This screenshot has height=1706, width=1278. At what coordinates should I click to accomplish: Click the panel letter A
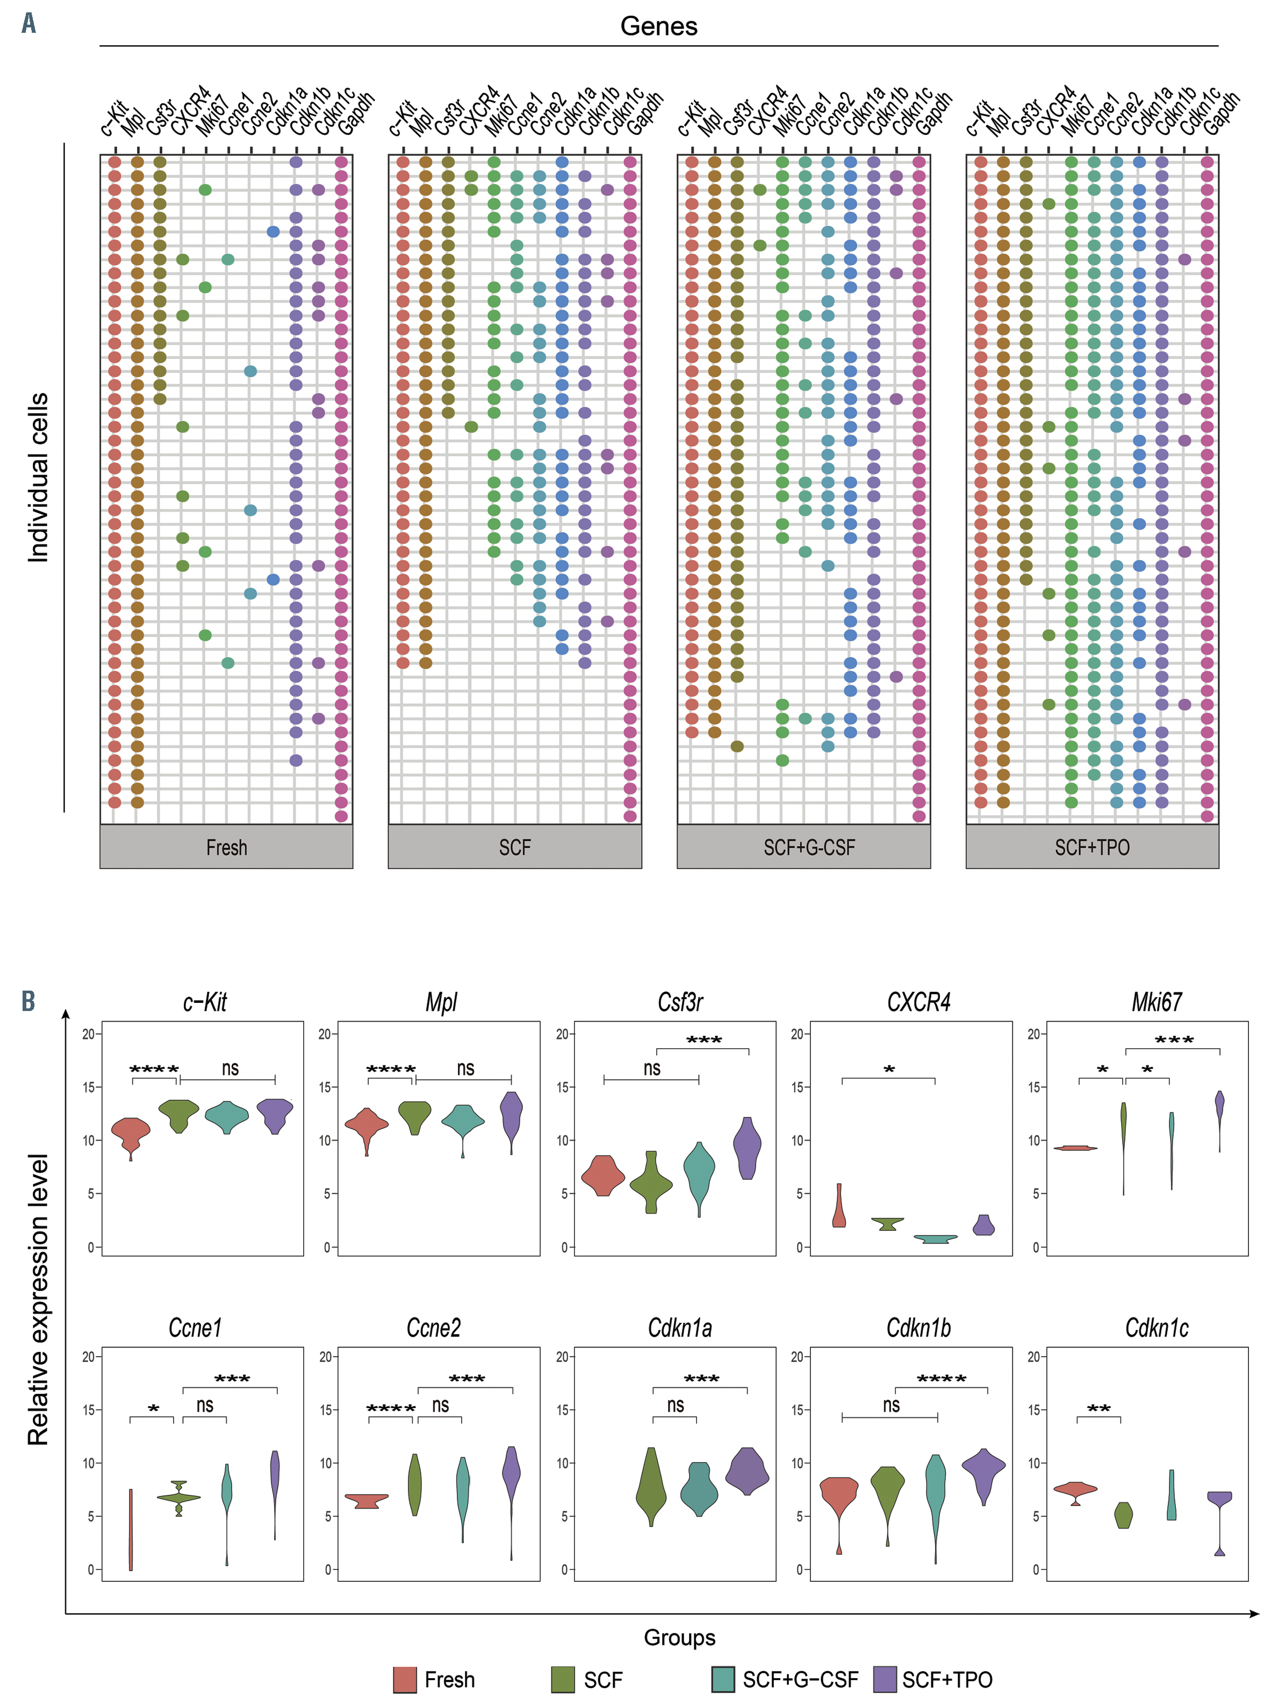tap(28, 24)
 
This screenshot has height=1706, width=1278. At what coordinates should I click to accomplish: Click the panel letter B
tap(28, 1001)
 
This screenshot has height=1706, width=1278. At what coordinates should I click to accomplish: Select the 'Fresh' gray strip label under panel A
tap(226, 848)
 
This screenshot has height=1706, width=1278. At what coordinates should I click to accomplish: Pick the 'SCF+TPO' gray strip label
tap(1092, 848)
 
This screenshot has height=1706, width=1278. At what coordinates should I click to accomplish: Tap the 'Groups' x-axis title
tap(679, 1637)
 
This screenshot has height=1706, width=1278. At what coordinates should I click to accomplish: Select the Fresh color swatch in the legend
tap(405, 1679)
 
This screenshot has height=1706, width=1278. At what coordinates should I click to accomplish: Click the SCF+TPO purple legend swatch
tap(885, 1679)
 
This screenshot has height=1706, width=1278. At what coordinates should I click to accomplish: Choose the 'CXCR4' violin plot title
tap(918, 1002)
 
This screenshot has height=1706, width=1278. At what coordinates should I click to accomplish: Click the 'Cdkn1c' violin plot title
tap(1155, 1328)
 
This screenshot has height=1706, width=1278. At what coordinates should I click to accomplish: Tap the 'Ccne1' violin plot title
tap(195, 1328)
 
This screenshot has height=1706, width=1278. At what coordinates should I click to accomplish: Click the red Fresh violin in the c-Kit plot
tap(131, 1135)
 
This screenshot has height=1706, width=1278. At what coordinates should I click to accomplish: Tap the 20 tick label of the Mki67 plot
tap(1033, 1034)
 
